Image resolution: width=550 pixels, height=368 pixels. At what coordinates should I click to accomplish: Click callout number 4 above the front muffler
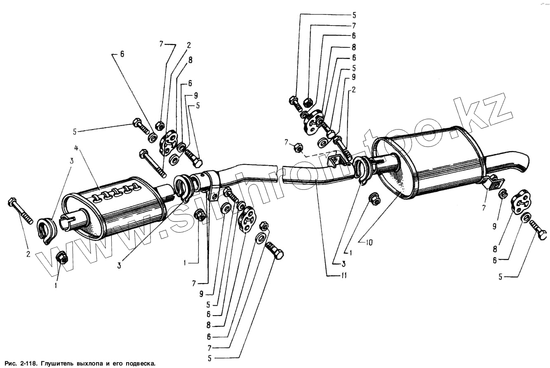[76, 147]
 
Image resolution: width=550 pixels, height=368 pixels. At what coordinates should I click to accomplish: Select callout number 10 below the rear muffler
[369, 242]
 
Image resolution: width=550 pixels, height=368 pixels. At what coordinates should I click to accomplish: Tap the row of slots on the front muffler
[115, 192]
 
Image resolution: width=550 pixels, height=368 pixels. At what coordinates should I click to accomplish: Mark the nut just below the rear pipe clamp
[375, 199]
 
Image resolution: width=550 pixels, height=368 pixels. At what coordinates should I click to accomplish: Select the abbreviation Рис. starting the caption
[9, 363]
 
